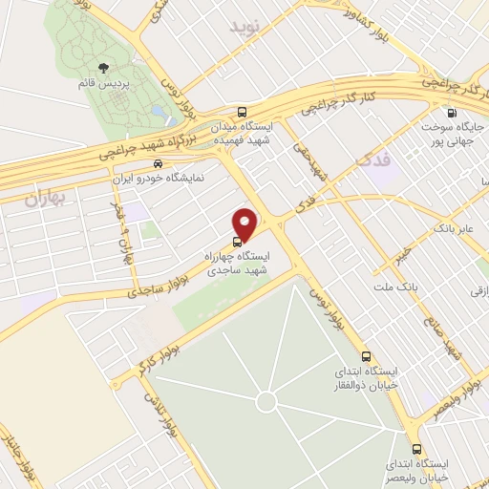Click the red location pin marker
245,223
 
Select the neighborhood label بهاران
44,200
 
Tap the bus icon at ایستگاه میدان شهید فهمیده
242,110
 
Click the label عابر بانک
453,228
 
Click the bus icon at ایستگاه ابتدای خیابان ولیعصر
415,448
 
